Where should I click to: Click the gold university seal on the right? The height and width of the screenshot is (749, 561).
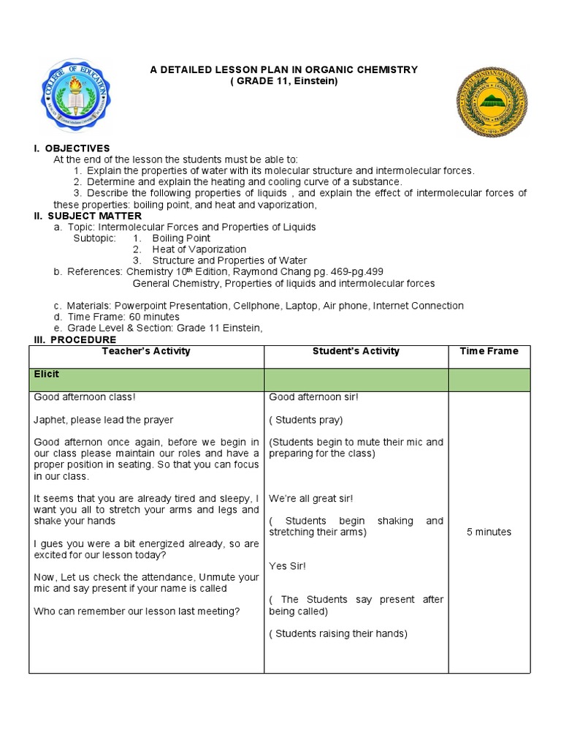pyautogui.click(x=492, y=102)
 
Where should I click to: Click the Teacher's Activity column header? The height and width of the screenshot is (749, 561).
pyautogui.click(x=146, y=351)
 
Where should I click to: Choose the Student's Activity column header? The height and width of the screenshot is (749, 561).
pyautogui.click(x=356, y=351)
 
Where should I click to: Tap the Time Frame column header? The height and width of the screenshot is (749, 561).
pyautogui.click(x=489, y=351)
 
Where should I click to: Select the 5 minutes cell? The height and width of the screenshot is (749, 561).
pyautogui.click(x=489, y=532)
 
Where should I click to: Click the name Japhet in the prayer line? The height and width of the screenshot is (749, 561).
pyautogui.click(x=50, y=420)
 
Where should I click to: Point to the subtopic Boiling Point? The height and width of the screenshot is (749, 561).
pyautogui.click(x=181, y=238)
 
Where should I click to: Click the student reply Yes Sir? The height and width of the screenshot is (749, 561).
pyautogui.click(x=288, y=565)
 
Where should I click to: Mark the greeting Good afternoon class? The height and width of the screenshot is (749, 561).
pyautogui.click(x=85, y=397)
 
